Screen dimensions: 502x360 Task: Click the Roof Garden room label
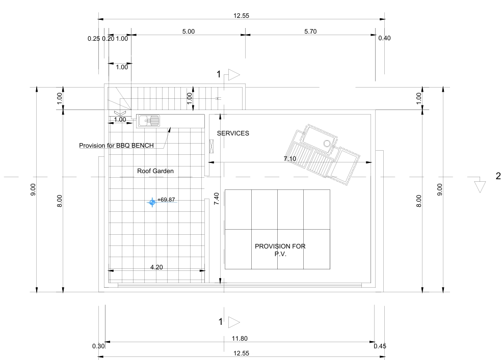pos(155,171)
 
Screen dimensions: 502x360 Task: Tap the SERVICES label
pos(233,133)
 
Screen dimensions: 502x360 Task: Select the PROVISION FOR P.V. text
pos(280,250)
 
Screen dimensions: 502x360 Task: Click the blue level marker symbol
pos(152,202)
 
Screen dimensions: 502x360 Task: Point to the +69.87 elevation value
pos(166,200)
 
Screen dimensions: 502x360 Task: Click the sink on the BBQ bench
pos(149,121)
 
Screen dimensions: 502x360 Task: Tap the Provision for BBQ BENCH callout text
pos(116,145)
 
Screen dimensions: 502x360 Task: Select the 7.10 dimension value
pos(290,158)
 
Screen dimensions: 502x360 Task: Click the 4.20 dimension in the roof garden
pos(156,267)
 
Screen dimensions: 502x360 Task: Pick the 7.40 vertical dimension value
pos(217,199)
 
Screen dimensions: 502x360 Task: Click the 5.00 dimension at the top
pos(188,32)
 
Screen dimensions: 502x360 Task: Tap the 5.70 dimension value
pos(310,32)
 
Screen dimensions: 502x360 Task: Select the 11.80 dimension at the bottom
pos(240,338)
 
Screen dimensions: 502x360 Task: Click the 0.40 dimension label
pos(384,38)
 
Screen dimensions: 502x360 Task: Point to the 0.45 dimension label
pos(380,346)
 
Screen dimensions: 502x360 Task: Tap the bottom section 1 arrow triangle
pos(234,322)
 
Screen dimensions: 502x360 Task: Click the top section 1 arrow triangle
pos(234,75)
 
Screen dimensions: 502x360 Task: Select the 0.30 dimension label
pos(98,346)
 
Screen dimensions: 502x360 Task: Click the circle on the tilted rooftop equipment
pos(327,143)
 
